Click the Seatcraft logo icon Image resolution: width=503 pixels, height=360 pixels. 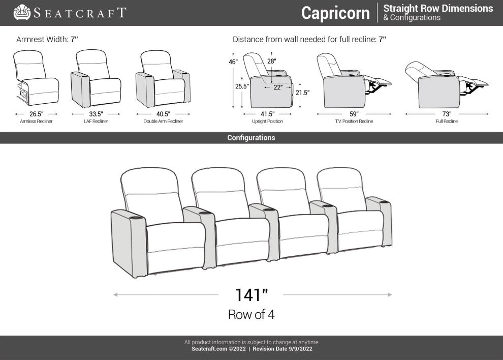tap(22, 12)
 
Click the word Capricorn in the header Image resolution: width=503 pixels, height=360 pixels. tap(335, 13)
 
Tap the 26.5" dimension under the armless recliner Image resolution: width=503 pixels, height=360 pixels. tap(36, 114)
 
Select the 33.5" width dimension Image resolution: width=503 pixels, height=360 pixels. tap(96, 114)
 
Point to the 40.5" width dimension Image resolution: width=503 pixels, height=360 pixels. tap(163, 114)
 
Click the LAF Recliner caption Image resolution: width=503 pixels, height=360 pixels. tap(96, 122)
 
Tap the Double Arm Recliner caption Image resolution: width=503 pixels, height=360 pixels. tap(163, 122)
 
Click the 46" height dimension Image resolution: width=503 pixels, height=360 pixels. tap(233, 62)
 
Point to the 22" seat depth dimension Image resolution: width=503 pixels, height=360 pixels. tap(278, 87)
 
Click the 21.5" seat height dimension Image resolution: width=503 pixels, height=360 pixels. tap(302, 93)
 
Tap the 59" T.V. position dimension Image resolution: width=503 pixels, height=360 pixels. tap(354, 114)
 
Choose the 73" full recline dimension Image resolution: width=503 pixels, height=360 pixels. tap(447, 114)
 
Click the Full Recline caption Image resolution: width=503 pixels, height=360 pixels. tap(447, 122)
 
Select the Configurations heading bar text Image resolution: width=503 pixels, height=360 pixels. tap(251, 138)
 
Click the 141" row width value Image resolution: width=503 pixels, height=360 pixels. tap(251, 295)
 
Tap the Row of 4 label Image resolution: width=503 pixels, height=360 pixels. tap(251, 315)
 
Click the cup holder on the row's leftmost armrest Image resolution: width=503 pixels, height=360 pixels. tap(136, 218)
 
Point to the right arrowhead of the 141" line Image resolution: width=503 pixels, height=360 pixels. tap(390, 294)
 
